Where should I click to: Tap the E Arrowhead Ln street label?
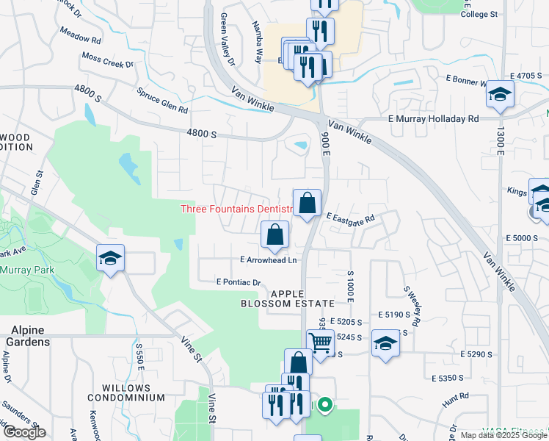269,260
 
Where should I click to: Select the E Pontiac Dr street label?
239,282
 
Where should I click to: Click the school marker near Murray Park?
110,258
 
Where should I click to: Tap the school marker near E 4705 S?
501,94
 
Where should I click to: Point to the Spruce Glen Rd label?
163,101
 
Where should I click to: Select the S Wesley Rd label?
410,307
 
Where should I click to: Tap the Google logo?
23,432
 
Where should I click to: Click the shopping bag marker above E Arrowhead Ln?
274,236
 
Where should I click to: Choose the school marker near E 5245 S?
385,344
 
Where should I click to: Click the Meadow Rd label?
81,38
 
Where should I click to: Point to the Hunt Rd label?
456,401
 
